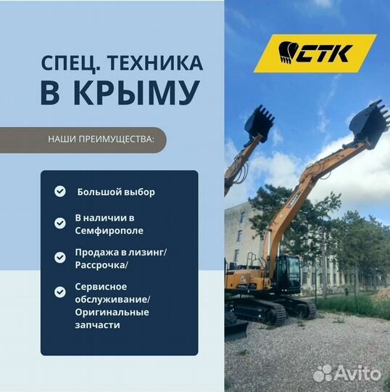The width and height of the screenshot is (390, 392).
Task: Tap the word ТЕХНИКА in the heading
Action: click(155, 63)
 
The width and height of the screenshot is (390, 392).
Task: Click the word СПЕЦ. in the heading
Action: click(71, 64)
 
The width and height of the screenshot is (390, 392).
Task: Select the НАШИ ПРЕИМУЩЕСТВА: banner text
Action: click(101, 139)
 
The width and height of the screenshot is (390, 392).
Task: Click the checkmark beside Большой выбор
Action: click(60, 192)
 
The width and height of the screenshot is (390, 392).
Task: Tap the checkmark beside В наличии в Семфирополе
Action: click(60, 224)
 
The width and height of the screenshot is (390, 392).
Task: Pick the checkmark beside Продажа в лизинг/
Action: click(60, 258)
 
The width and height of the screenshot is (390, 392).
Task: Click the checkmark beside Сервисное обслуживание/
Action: click(60, 292)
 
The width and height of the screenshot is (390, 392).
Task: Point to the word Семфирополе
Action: click(109, 231)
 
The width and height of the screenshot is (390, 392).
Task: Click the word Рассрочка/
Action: click(101, 265)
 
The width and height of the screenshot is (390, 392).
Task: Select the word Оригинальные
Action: click(112, 312)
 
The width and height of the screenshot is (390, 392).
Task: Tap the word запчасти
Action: click(97, 325)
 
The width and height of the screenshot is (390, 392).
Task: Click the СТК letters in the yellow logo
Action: click(324, 53)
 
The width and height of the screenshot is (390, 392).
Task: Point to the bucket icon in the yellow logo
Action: click(286, 52)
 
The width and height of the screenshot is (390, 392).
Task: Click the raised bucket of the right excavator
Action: click(369, 122)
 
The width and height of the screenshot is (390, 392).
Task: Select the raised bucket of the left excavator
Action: click(260, 123)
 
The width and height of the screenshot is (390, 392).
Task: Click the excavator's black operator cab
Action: click(289, 274)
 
